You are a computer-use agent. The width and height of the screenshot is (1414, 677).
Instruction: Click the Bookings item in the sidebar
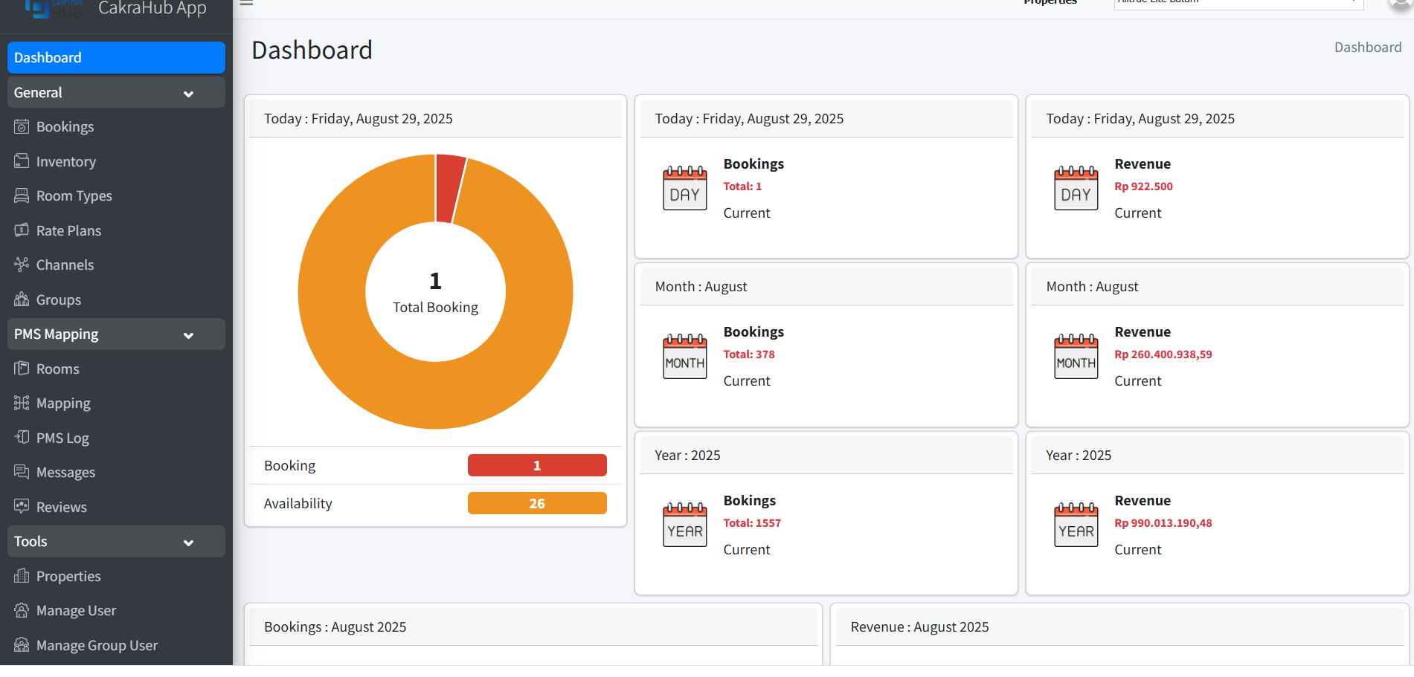[65, 127]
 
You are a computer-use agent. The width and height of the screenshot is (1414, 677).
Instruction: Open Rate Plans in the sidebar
[68, 231]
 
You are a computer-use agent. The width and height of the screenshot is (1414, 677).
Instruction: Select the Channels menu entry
[65, 265]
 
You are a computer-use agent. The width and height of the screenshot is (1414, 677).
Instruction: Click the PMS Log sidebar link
[62, 438]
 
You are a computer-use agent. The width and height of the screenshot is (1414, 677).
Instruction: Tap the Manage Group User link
[97, 646]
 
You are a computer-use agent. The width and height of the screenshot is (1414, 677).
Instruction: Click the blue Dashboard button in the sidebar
[116, 58]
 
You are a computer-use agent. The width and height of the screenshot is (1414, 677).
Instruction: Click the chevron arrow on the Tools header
[188, 543]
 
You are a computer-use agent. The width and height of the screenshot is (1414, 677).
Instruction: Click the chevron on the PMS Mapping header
[188, 336]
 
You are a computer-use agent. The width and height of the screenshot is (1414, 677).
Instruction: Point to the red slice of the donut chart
[449, 188]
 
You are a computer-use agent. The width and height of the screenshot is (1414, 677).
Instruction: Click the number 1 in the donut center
[435, 282]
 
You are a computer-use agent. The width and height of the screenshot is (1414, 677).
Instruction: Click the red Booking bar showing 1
[536, 466]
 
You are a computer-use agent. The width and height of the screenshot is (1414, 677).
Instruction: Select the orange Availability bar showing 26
[536, 504]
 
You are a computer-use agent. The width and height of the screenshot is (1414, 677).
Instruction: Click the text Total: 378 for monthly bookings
[748, 354]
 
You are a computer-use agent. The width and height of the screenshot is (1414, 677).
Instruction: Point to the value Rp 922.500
[1143, 187]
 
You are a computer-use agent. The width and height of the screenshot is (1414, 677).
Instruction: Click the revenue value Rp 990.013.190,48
[1163, 523]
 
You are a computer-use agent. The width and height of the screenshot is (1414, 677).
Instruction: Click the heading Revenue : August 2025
[919, 627]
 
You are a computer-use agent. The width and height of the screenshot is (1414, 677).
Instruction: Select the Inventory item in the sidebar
[65, 162]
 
